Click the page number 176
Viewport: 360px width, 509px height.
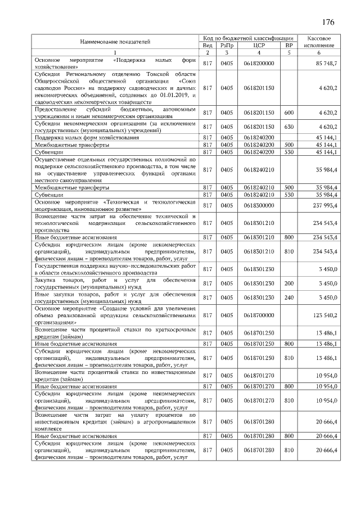tap(328, 22)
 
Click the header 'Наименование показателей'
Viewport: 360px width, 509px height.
tap(115, 41)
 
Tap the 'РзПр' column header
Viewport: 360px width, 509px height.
tap(227, 45)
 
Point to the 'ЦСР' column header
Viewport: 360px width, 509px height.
tap(259, 45)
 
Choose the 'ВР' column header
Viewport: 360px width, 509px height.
tap(289, 45)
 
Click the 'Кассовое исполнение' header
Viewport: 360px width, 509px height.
tap(319, 41)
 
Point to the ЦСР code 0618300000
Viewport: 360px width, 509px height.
tap(259, 205)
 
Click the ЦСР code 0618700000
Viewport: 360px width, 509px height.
tap(259, 316)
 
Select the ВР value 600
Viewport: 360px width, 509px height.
tap(289, 112)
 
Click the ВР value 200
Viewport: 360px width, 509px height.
tap(289, 283)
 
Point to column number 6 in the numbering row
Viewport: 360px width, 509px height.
tap(319, 53)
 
